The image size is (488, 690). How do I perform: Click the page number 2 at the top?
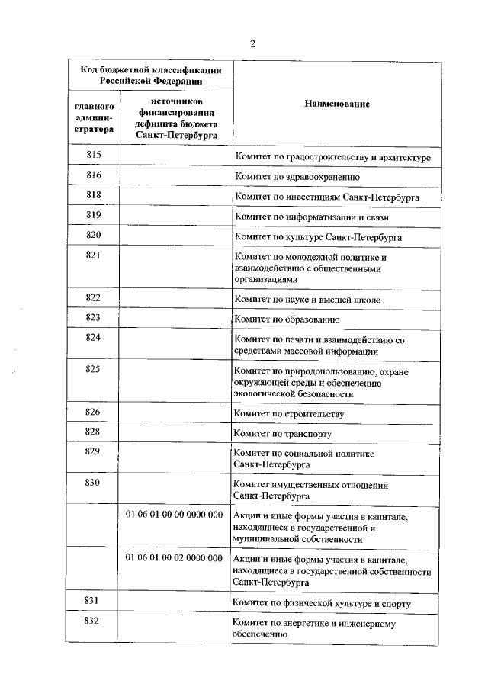coord(252,43)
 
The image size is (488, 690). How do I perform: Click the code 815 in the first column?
coord(94,155)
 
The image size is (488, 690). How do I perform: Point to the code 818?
coord(94,195)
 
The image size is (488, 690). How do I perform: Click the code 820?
coord(94,235)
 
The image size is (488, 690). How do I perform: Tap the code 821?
coord(94,255)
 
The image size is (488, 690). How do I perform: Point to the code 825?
coord(94,369)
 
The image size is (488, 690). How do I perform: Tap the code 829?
coord(94,451)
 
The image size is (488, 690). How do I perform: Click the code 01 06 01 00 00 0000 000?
coord(174,515)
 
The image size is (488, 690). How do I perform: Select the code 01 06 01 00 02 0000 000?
coord(174,557)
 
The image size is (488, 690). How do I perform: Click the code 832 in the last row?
coord(94,621)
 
